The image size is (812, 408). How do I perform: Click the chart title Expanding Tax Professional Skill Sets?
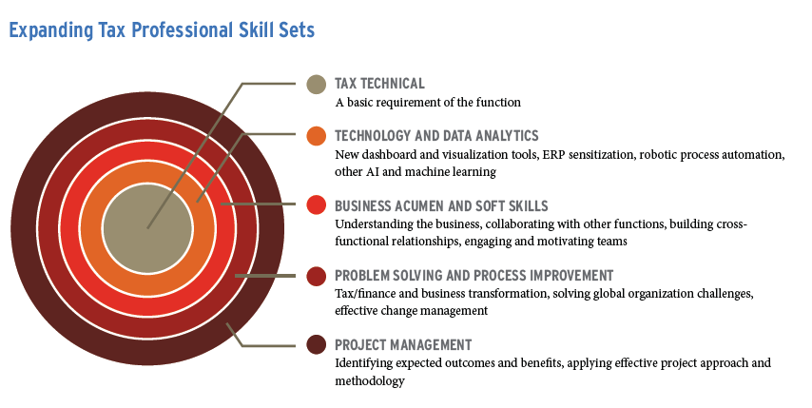pyautogui.click(x=162, y=30)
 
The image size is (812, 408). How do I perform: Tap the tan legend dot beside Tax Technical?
pyautogui.click(x=316, y=85)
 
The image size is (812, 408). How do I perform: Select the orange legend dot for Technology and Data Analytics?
pyautogui.click(x=316, y=136)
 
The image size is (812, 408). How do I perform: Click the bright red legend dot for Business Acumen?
pyautogui.click(x=316, y=205)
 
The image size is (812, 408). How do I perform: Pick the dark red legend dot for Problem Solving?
pyautogui.click(x=316, y=276)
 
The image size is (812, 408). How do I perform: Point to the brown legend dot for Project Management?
pyautogui.click(x=316, y=345)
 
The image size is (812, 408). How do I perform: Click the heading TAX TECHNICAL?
pyautogui.click(x=379, y=84)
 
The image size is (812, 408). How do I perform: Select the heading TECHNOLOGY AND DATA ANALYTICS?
pyautogui.click(x=436, y=136)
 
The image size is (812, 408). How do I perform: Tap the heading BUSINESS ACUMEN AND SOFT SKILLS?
pyautogui.click(x=441, y=206)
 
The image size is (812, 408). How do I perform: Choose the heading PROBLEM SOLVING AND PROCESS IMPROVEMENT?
pyautogui.click(x=474, y=276)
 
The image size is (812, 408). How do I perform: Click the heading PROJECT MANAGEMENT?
pyautogui.click(x=403, y=345)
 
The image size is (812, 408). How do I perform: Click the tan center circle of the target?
pyautogui.click(x=147, y=228)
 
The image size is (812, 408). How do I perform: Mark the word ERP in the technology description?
pyautogui.click(x=553, y=155)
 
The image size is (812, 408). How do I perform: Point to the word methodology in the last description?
pyautogui.click(x=369, y=381)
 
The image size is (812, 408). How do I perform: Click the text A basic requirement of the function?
pyautogui.click(x=428, y=103)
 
